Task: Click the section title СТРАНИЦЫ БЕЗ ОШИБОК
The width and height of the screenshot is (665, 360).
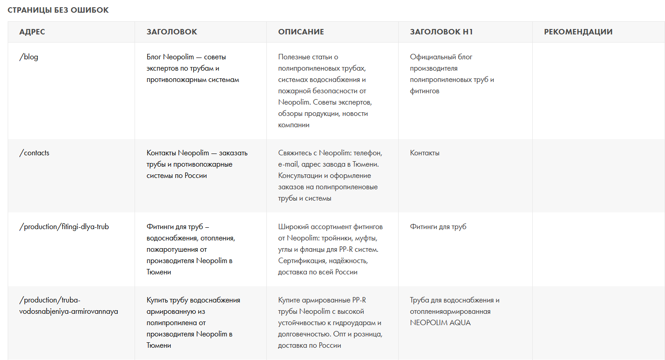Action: [58, 10]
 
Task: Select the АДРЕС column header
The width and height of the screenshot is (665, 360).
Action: [32, 32]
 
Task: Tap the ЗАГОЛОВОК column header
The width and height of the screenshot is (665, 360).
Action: [172, 32]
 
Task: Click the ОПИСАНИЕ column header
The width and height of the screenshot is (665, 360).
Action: [301, 32]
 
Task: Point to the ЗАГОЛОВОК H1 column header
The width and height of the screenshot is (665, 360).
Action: [441, 32]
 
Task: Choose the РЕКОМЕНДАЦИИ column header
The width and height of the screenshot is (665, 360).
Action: [578, 32]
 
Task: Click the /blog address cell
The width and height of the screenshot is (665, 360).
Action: [29, 57]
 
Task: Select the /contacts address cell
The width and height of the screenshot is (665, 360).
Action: [34, 153]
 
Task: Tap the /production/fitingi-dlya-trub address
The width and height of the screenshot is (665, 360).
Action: [64, 227]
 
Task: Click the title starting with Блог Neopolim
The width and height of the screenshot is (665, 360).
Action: [193, 68]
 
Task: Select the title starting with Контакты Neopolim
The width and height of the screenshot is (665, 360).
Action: [197, 164]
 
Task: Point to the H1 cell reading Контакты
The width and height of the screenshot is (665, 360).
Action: [424, 153]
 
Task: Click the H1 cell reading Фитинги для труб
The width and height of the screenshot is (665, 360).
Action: [438, 227]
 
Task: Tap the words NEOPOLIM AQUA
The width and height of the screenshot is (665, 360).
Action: [440, 323]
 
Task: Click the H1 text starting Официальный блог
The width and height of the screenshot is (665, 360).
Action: [452, 74]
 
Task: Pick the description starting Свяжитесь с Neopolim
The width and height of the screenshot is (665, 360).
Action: [330, 176]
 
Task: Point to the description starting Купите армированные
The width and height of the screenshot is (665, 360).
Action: [329, 323]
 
